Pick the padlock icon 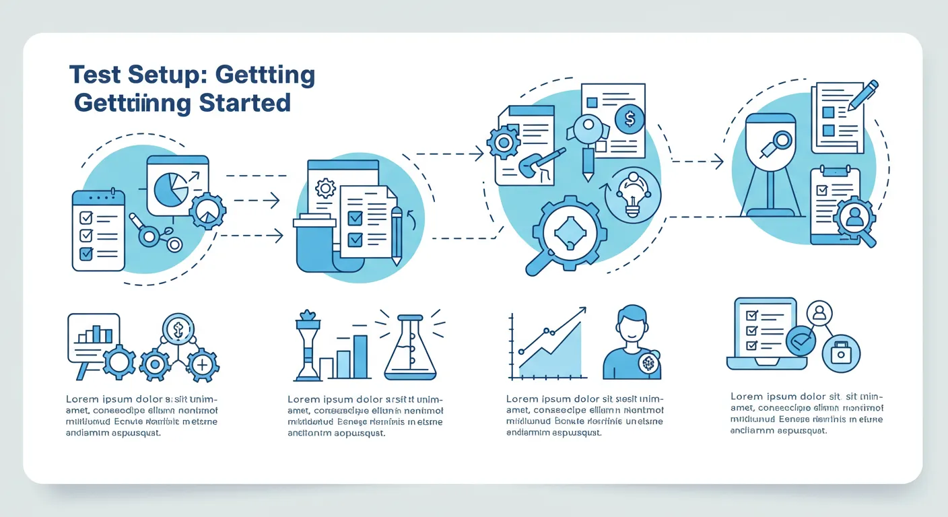(841, 353)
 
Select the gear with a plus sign (202, 365)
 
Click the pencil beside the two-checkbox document (396, 235)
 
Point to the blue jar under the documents (314, 245)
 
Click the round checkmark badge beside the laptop (800, 341)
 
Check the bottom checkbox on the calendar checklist (86, 254)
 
